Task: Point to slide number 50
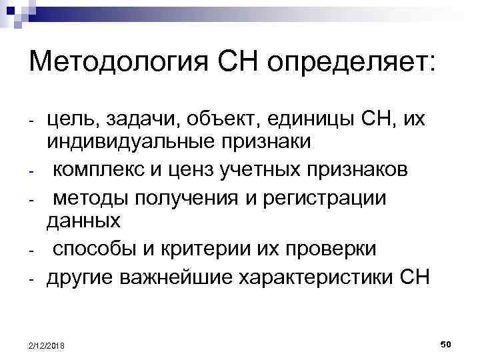(446, 344)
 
